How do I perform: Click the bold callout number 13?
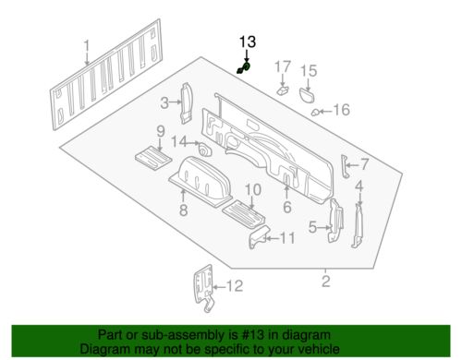click(248, 42)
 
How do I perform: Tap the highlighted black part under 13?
click(244, 68)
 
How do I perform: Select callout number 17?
click(283, 67)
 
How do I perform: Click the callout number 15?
click(309, 71)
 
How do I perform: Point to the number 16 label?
click(342, 110)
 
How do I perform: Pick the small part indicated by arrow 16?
click(315, 113)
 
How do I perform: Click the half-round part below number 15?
click(307, 95)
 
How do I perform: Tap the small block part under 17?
click(283, 90)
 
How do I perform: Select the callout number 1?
click(87, 46)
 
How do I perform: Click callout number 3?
click(164, 103)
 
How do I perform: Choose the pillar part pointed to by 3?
click(187, 103)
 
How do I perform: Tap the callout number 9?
click(161, 132)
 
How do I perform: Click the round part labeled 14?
click(204, 150)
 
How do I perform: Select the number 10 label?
click(253, 190)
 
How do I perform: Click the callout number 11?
click(286, 238)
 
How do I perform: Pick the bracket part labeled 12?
click(204, 288)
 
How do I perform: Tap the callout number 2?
click(326, 282)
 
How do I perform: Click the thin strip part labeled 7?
click(345, 166)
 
